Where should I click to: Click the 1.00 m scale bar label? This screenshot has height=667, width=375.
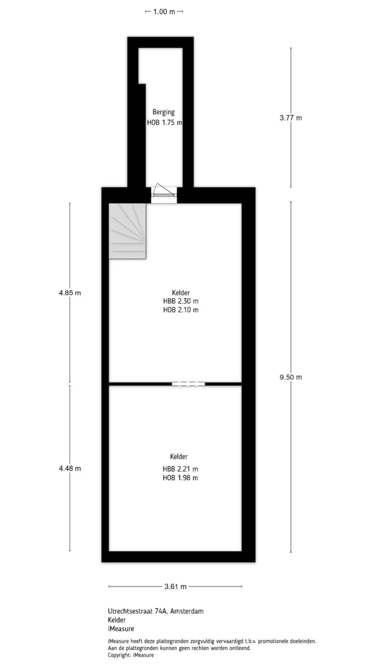tap(164, 12)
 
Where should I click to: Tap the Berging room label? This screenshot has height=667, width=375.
tap(164, 112)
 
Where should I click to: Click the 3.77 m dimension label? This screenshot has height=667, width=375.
tap(291, 118)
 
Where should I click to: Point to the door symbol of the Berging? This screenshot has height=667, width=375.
tap(164, 191)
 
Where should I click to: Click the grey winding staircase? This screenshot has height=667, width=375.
tap(128, 231)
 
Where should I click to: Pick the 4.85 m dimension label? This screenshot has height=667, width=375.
tap(70, 293)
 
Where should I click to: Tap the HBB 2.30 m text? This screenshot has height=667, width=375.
tap(181, 301)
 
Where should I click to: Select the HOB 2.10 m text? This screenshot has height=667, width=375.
tap(181, 310)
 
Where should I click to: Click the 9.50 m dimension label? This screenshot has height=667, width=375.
tap(291, 377)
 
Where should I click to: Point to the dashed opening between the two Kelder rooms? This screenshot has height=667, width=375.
tap(188, 384)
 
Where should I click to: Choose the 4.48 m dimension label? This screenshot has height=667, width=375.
tap(70, 468)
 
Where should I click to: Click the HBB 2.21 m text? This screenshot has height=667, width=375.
tap(181, 469)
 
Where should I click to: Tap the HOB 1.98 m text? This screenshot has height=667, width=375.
tap(181, 478)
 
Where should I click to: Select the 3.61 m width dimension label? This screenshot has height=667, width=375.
tap(175, 586)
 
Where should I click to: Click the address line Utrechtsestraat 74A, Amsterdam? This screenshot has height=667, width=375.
tap(156, 611)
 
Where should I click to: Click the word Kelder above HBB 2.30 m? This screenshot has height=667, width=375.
tap(181, 293)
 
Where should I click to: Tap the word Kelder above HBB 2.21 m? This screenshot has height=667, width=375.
tap(179, 457)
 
